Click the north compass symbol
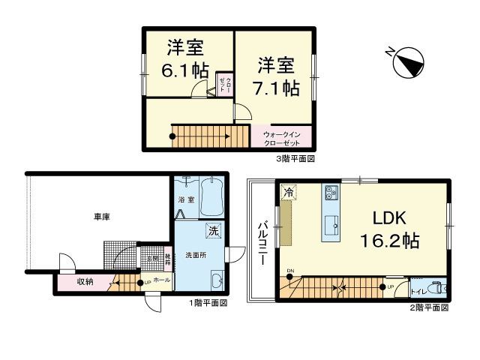(x=409, y=63)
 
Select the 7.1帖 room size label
(x=279, y=88)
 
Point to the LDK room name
(x=389, y=218)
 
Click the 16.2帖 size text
(x=389, y=242)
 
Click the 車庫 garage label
(x=102, y=217)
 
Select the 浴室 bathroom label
(x=186, y=201)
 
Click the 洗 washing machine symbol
(x=213, y=232)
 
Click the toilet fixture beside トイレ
(x=438, y=288)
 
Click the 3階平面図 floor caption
(x=295, y=159)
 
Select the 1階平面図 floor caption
(x=208, y=303)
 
